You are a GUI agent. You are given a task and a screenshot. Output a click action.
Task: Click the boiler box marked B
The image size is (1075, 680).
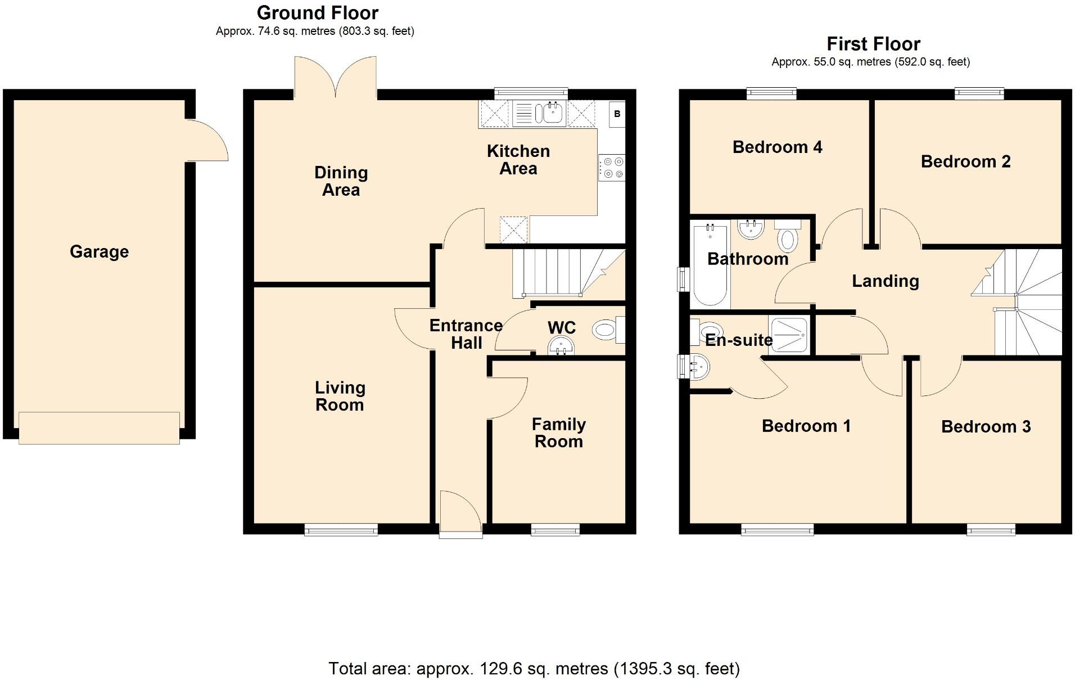tap(617, 114)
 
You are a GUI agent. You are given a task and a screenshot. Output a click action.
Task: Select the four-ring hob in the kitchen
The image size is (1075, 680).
tap(612, 168)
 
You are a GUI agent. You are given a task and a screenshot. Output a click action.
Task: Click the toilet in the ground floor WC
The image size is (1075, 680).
tap(609, 330)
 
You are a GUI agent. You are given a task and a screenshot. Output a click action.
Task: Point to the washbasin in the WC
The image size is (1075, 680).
tap(561, 345)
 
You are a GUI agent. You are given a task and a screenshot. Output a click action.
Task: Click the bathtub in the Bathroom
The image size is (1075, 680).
tap(710, 264)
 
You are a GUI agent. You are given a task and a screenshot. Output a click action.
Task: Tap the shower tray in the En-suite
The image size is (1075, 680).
tap(789, 336)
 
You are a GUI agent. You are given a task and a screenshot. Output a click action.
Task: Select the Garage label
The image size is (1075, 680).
tap(99, 251)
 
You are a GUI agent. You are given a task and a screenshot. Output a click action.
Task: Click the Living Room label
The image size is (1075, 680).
tap(340, 396)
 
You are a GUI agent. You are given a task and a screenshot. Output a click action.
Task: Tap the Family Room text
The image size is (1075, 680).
tap(559, 433)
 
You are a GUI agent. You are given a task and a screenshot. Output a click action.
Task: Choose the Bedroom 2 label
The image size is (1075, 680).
tap(965, 161)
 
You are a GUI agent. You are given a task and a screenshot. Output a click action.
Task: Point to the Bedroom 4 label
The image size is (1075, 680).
tap(777, 147)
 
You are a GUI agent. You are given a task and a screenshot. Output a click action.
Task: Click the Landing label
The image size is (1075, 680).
tap(886, 281)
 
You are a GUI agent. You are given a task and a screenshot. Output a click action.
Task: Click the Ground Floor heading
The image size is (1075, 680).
tap(318, 12)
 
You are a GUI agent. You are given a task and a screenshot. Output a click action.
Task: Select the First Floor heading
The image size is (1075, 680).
tap(873, 44)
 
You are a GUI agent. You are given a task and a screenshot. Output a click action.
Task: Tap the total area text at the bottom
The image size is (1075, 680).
tap(534, 668)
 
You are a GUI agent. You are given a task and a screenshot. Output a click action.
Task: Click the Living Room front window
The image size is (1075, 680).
tap(341, 529)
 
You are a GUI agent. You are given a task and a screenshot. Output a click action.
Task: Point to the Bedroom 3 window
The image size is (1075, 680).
tap(991, 529)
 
